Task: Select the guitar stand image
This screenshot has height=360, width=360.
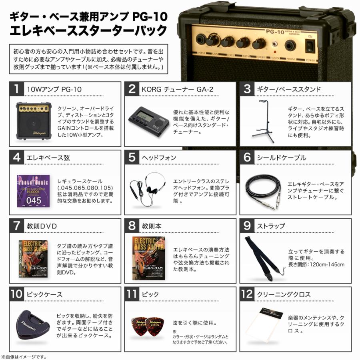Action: coord(263,120)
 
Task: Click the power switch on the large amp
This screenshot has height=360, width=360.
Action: coord(309,47)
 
